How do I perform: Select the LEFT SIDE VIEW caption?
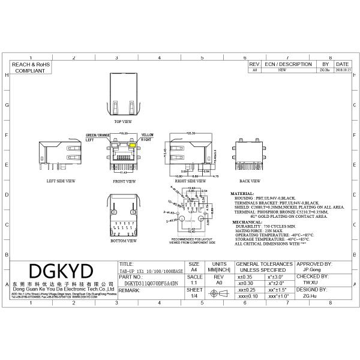(61, 180)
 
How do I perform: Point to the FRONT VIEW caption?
(124, 180)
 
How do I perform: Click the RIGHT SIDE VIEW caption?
(187, 180)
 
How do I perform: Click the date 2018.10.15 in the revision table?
(342, 70)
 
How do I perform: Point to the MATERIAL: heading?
(242, 194)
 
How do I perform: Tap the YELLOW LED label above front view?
(147, 134)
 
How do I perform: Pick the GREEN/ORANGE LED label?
(98, 134)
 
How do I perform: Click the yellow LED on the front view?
(133, 145)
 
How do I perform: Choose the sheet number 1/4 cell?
(194, 295)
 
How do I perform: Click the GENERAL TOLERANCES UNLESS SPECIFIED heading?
(264, 267)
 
